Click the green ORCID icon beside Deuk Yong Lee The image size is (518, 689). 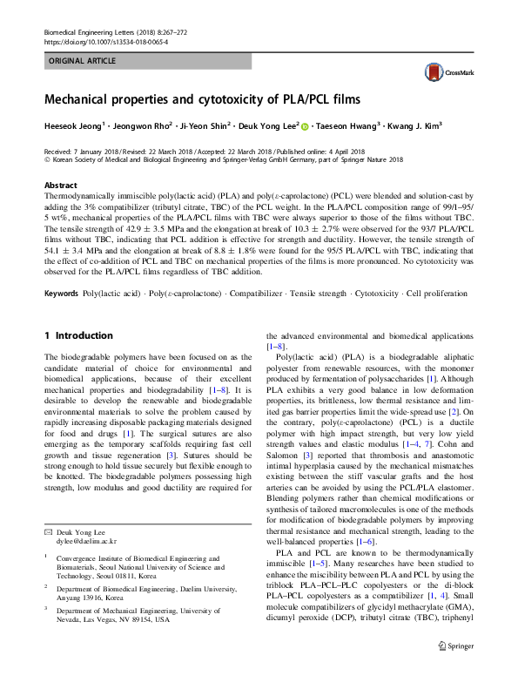click(x=306, y=125)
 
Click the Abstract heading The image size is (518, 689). click(x=60, y=186)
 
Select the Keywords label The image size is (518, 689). click(x=61, y=293)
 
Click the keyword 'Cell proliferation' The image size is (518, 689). click(x=436, y=293)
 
